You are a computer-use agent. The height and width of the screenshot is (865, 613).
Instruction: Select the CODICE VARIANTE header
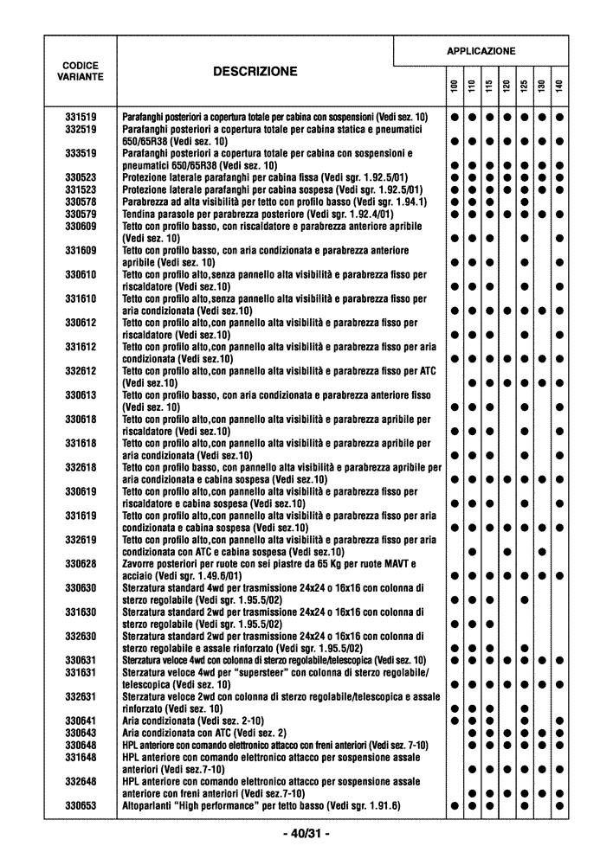[81, 71]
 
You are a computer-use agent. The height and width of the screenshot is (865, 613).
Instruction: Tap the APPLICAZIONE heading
[481, 51]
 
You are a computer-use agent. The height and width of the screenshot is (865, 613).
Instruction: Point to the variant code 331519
[81, 116]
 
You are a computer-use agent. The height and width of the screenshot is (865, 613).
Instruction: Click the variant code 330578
[81, 202]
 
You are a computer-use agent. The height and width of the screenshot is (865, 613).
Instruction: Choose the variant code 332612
[81, 371]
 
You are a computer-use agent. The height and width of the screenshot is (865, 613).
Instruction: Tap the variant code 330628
[81, 564]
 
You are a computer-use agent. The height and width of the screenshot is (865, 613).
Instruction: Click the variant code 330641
[81, 721]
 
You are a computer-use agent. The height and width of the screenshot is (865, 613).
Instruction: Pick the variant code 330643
[81, 733]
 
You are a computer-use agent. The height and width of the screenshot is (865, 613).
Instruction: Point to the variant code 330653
[81, 805]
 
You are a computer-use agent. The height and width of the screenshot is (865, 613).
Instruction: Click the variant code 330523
[81, 177]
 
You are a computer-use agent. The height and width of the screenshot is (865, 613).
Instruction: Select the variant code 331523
[81, 189]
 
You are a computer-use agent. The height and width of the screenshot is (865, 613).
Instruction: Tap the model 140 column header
[560, 88]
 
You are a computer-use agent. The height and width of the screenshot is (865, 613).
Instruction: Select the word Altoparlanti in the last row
[148, 805]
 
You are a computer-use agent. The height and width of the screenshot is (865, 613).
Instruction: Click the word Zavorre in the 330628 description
[139, 564]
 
